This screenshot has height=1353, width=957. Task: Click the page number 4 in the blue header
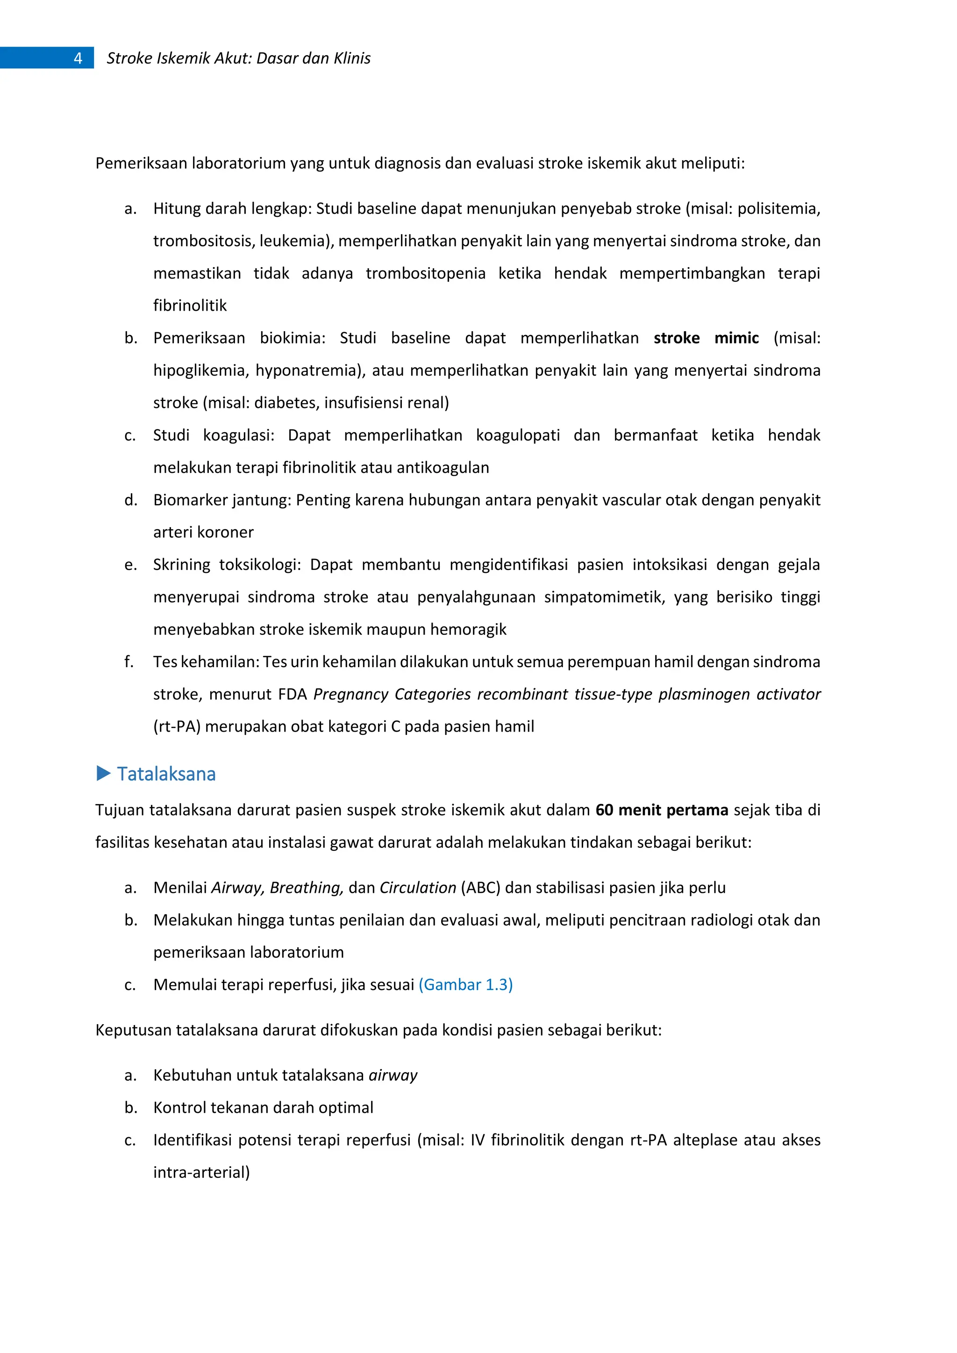(78, 58)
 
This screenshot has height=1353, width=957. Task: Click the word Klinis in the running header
(352, 58)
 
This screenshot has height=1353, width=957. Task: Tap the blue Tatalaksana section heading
(166, 774)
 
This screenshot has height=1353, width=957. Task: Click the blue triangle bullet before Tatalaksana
(104, 773)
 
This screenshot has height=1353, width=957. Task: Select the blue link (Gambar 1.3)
(465, 985)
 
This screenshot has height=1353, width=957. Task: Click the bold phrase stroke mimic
(706, 338)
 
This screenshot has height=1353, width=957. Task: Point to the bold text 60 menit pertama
(662, 810)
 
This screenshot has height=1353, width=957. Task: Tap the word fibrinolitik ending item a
(190, 305)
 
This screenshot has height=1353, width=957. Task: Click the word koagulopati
(517, 435)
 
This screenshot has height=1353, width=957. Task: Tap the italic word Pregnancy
(350, 694)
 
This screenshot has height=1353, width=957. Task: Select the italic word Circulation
(417, 888)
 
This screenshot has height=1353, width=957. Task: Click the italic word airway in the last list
(393, 1075)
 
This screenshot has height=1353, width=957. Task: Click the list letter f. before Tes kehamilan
(129, 662)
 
